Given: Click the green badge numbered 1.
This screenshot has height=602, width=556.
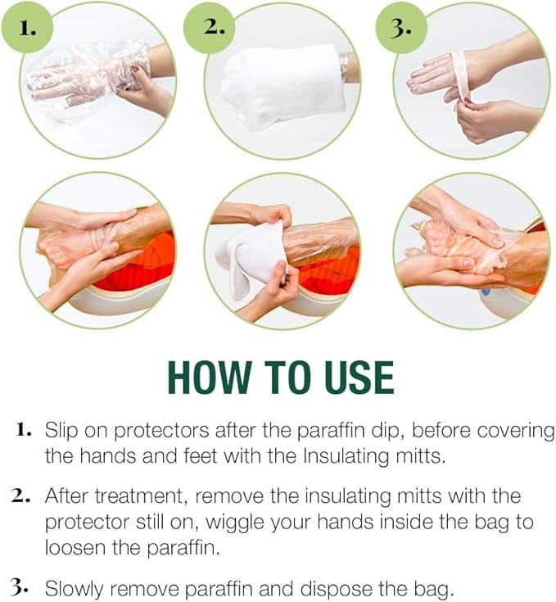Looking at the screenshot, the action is coord(27,28).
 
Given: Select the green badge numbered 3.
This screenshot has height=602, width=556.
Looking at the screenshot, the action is coord(401,28).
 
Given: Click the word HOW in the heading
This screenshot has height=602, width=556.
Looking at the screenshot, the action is coord(210,378).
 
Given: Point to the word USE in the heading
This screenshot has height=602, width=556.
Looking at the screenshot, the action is coord(359,378).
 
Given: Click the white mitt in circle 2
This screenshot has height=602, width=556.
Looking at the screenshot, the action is coord(285,87).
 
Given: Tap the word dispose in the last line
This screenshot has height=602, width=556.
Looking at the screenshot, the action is coord(336,589).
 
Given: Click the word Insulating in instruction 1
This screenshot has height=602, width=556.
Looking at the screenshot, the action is coord(346,457).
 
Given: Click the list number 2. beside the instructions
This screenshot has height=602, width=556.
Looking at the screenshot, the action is coord(20,496).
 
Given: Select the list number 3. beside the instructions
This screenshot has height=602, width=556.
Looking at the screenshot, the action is coord(19,587).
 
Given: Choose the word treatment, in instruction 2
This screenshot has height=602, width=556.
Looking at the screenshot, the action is coord(141,496).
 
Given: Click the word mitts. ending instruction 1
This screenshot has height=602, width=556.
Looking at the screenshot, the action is coord(420,456).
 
